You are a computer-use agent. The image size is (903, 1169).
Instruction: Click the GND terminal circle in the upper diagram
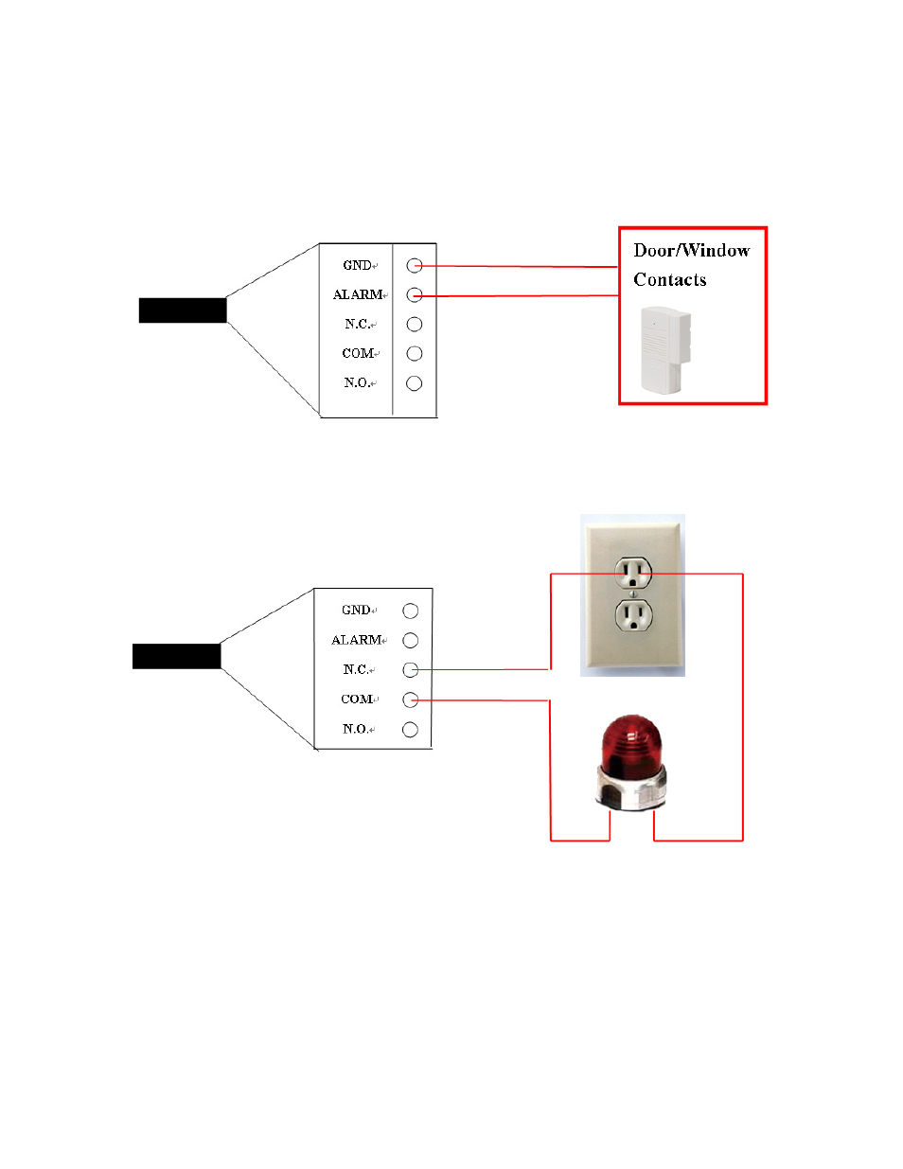tap(414, 266)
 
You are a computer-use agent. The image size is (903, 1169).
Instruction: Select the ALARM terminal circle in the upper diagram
tap(414, 295)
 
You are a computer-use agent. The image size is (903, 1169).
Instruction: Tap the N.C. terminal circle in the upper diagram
tap(414, 325)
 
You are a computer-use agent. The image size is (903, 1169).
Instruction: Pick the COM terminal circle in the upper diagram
tap(414, 354)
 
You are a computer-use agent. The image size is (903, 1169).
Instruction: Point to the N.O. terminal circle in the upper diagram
tap(414, 383)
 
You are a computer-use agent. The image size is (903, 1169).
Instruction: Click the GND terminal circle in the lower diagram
tap(410, 611)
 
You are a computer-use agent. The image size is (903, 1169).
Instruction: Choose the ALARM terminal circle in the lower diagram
tap(410, 641)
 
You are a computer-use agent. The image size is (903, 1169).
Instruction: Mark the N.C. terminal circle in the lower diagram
tap(410, 670)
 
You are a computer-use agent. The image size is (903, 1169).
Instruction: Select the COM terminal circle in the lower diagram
tap(410, 700)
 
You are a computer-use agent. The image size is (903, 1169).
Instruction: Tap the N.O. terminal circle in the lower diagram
tap(410, 730)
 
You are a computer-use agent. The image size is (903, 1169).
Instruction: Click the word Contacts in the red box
tap(669, 280)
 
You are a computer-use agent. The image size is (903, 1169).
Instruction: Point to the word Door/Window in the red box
tap(691, 251)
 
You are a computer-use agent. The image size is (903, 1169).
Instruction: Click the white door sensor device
tap(664, 349)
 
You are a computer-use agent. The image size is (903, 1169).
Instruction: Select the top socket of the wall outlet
tap(633, 572)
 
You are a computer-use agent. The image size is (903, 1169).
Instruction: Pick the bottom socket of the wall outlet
tap(633, 616)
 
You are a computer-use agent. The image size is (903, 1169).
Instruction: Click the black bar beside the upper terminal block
tap(183, 310)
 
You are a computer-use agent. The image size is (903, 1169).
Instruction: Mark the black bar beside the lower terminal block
tap(176, 656)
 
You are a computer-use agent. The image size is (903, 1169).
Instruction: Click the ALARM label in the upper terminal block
tap(358, 295)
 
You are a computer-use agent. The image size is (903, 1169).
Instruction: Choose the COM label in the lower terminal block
tap(357, 700)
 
